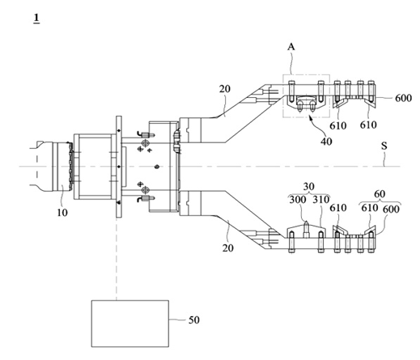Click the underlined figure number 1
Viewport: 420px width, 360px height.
(x=36, y=18)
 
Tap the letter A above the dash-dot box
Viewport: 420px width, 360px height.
(x=291, y=47)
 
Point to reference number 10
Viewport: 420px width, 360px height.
(x=62, y=213)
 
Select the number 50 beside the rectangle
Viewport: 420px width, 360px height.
(x=194, y=320)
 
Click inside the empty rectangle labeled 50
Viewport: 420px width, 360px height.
(x=130, y=324)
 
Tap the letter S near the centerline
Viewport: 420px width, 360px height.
(x=384, y=146)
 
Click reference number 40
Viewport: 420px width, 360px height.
(x=326, y=142)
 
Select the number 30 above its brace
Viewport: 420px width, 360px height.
(x=308, y=186)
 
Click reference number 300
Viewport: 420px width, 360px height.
(x=298, y=200)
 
